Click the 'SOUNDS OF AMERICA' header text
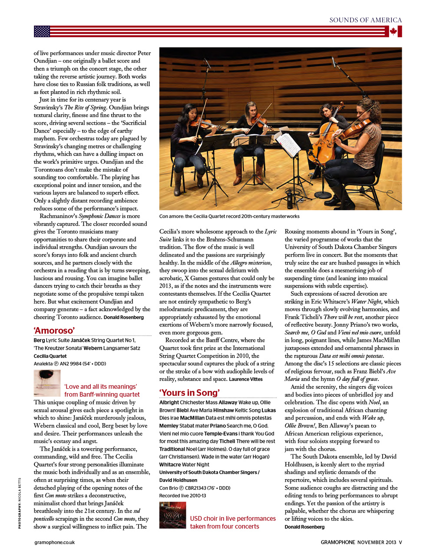point(365,20)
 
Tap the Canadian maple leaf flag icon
point(394,31)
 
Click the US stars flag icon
point(42,31)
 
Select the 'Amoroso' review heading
point(54,330)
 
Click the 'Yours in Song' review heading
point(189,393)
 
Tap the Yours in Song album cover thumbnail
point(172,515)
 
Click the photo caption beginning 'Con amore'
point(229,216)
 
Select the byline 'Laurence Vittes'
point(246,379)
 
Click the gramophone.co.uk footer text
point(55,542)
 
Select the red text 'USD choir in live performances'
point(233,519)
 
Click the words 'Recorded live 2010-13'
point(182,496)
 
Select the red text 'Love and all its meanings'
point(101,387)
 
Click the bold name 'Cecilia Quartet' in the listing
point(50,356)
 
